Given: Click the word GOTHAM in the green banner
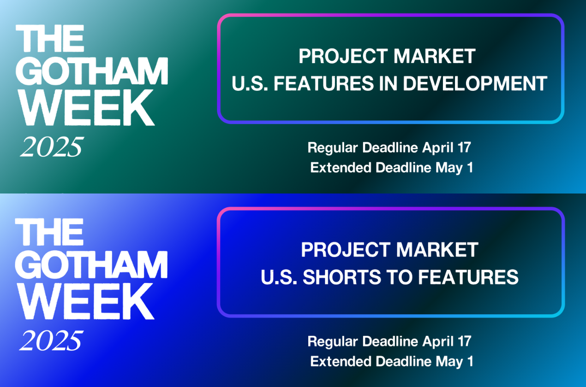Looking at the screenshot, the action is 91,71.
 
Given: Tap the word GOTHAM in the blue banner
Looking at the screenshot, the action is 91,265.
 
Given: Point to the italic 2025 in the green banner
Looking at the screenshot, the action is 52,147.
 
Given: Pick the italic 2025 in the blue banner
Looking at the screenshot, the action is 51,340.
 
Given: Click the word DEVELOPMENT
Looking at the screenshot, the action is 475,83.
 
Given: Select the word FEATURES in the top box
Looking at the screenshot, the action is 323,83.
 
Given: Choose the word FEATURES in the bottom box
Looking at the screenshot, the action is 468,277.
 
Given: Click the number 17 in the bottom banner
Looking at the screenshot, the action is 464,341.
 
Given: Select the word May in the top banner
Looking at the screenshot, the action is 448,168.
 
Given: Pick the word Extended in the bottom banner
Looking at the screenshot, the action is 341,361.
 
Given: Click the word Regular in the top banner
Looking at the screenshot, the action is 333,148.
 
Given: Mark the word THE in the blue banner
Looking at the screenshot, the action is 49,232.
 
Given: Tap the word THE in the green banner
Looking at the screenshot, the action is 50,38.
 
